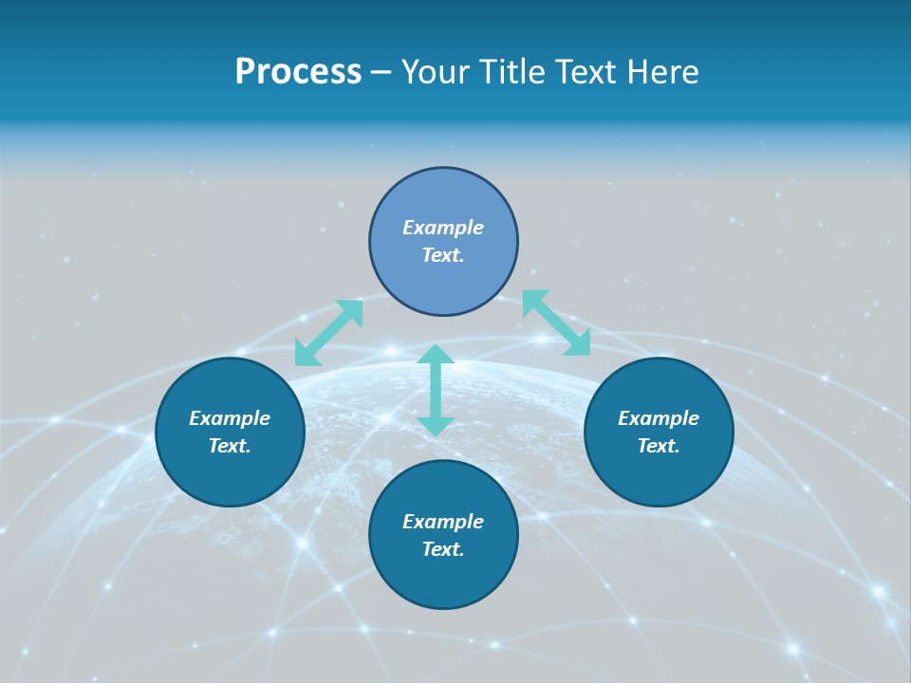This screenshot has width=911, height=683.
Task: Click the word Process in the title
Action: point(298,72)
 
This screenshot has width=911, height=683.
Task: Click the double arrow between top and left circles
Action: point(328,333)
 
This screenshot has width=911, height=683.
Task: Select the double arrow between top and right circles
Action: point(556,323)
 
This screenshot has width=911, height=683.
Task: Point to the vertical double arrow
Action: point(436,390)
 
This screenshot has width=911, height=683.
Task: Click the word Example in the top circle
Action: point(443,228)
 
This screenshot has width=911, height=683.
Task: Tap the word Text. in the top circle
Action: point(443,255)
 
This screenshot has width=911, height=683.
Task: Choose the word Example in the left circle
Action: point(230,418)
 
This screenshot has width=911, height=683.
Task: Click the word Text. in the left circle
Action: point(230,446)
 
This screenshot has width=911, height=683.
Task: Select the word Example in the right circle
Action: point(659,418)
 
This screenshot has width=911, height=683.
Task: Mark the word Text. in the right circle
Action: point(659,446)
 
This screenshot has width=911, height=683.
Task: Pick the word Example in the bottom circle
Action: point(443,522)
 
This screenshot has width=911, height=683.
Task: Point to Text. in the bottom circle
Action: point(443,549)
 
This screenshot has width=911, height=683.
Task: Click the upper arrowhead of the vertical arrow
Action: point(436,355)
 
